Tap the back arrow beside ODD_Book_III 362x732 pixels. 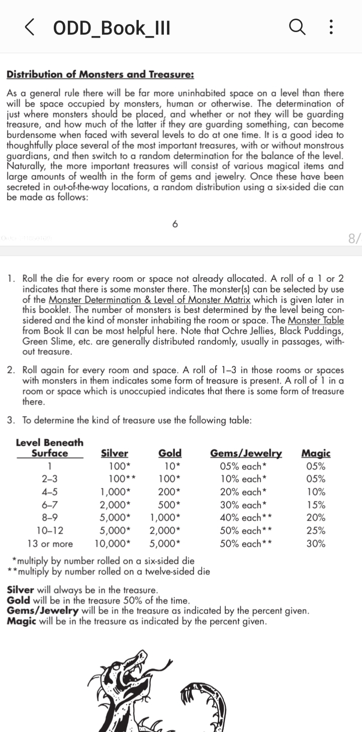29,28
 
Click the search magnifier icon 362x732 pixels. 297,27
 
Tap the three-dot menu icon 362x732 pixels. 330,27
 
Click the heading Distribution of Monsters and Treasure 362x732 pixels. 100,74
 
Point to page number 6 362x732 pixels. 175,224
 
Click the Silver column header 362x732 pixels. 115,453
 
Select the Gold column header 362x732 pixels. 170,453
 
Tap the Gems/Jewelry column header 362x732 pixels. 246,453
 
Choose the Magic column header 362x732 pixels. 316,453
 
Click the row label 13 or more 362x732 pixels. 50,544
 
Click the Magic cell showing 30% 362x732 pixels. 316,544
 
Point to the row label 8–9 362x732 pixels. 50,518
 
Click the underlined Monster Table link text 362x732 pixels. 316,320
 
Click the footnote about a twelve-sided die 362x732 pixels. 109,571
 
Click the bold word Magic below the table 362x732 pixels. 22,622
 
